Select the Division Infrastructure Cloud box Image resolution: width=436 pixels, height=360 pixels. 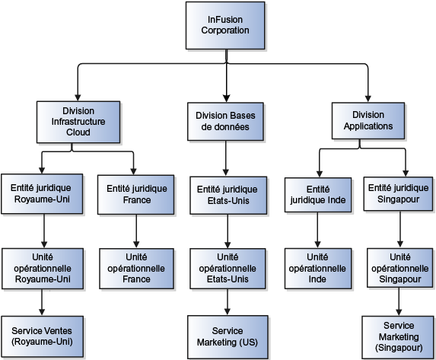click(78, 121)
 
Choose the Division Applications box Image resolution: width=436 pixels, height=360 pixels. click(368, 121)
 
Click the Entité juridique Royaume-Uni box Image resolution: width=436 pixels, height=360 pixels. click(42, 193)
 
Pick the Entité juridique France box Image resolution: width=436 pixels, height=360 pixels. click(135, 193)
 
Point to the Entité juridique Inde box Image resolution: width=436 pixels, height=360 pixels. click(316, 195)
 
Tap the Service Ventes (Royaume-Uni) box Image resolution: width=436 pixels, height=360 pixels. click(42, 336)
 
